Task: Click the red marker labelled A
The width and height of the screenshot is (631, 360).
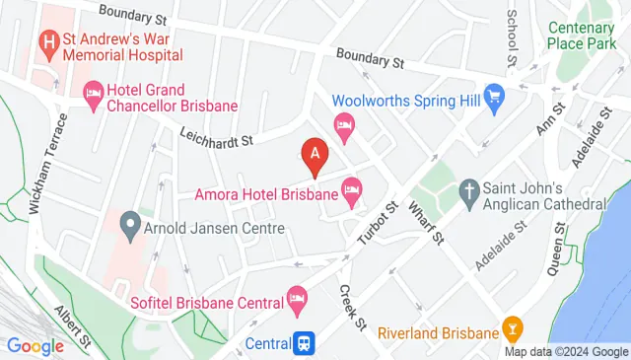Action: (x=315, y=156)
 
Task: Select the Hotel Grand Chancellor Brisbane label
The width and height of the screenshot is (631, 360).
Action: (x=173, y=97)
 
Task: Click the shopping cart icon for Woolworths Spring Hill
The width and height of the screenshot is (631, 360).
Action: (x=493, y=100)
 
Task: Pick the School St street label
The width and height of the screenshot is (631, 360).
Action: (x=512, y=37)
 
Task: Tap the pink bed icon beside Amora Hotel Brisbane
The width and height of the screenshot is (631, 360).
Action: (x=353, y=187)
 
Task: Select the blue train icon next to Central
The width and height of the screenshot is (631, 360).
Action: (x=307, y=343)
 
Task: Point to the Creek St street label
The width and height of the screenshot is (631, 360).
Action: (x=352, y=307)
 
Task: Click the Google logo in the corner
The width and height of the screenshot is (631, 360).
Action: (x=35, y=345)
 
